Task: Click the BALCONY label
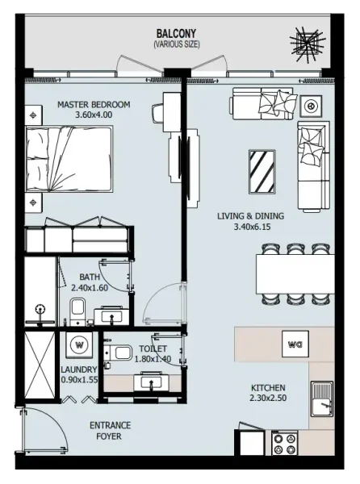[x=176, y=33]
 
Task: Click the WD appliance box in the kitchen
[x=293, y=344]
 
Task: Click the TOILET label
[x=153, y=348]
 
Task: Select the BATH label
[x=90, y=277]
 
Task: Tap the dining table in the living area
[x=295, y=275]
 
